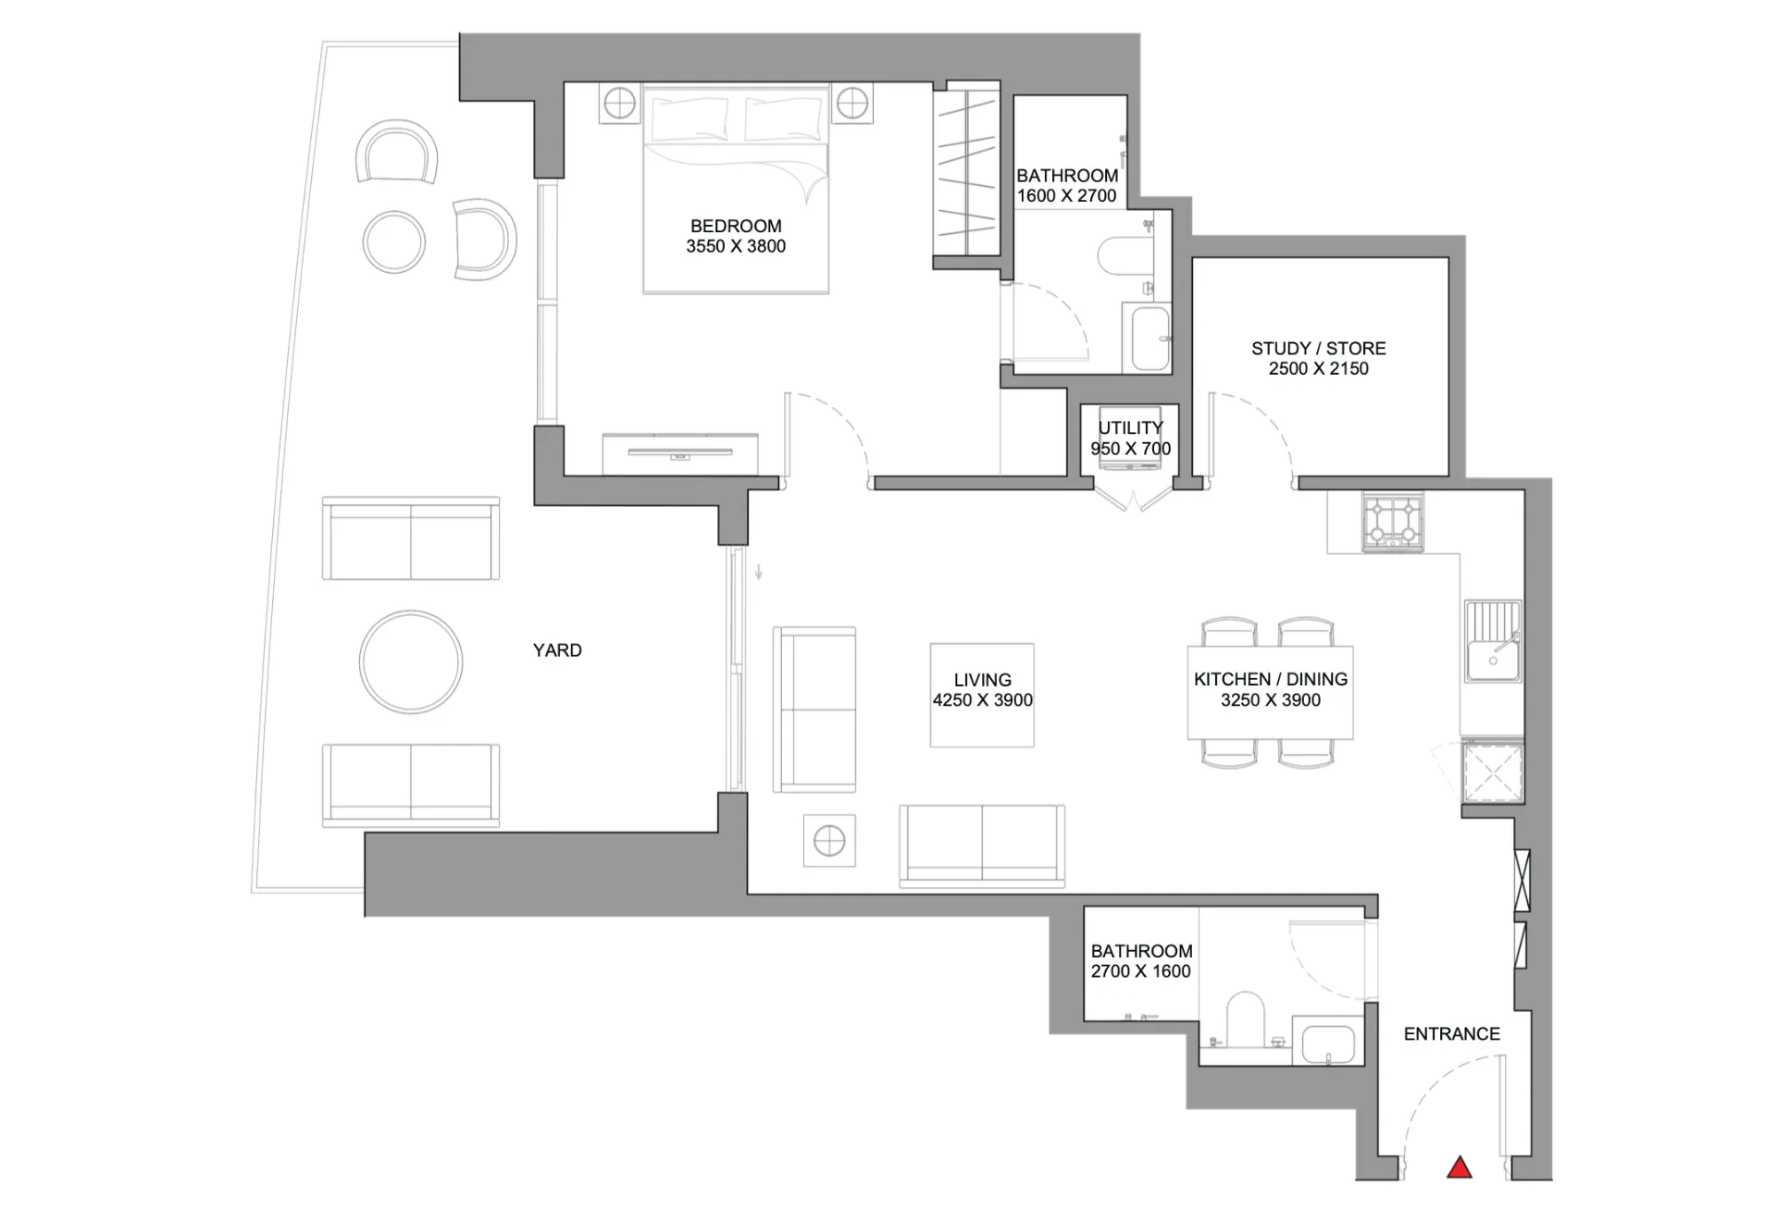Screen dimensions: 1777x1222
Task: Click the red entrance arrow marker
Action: click(1460, 1167)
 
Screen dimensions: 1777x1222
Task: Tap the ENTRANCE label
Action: click(1451, 1034)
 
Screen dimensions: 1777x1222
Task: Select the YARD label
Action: click(557, 650)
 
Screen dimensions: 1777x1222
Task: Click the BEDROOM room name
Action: click(736, 226)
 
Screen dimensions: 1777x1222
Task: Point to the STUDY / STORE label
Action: click(1319, 348)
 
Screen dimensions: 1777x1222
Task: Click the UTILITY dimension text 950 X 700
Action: click(1130, 449)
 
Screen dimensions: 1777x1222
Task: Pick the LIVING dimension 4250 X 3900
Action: click(982, 700)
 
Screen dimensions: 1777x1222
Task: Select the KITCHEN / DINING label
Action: click(1271, 679)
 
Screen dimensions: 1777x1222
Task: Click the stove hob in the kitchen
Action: click(1393, 522)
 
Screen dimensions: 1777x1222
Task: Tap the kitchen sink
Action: click(1492, 641)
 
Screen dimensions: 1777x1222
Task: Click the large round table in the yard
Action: click(410, 661)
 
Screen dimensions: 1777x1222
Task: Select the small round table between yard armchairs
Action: click(394, 241)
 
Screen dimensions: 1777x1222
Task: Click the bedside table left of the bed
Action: click(619, 104)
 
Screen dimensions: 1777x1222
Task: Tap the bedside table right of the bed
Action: click(851, 104)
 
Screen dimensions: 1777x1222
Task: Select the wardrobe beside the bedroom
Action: click(967, 173)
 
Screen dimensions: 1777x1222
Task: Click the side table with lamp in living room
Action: click(829, 841)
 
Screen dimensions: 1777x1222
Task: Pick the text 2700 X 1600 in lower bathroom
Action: click(1140, 971)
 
